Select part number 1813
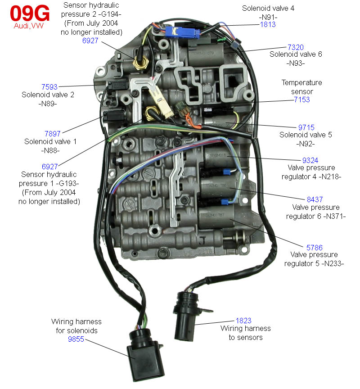269,25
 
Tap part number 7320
296,46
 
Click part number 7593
49,86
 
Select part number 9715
306,127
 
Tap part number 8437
315,199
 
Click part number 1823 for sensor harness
243,321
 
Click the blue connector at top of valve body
182,32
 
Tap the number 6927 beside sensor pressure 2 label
90,41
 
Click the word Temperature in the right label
302,83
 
